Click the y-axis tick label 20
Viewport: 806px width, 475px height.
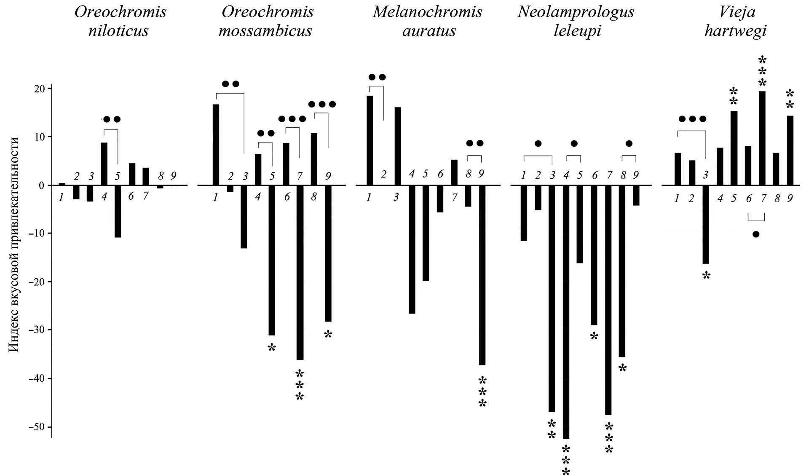(x=41, y=89)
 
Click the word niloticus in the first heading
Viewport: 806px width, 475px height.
(x=118, y=31)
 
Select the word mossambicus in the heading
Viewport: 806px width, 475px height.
(x=265, y=31)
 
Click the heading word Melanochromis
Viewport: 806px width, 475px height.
(x=427, y=12)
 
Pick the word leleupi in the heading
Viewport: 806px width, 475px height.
(x=576, y=31)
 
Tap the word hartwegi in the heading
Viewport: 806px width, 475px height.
(x=735, y=31)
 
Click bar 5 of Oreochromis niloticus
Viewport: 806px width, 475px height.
(x=118, y=212)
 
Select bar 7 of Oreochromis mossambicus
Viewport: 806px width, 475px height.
(x=300, y=272)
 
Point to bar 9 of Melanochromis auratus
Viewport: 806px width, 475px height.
(x=482, y=275)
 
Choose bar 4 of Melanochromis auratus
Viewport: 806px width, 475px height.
(x=412, y=250)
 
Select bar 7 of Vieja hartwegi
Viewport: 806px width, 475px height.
(x=762, y=138)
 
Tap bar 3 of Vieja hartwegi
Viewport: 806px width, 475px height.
(x=705, y=224)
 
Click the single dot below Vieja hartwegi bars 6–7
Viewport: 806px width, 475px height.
(x=756, y=234)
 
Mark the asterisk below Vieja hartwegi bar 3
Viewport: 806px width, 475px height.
(x=706, y=276)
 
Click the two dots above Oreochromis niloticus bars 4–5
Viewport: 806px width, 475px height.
(x=112, y=119)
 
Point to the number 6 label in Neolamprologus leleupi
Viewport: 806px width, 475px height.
(x=594, y=175)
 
